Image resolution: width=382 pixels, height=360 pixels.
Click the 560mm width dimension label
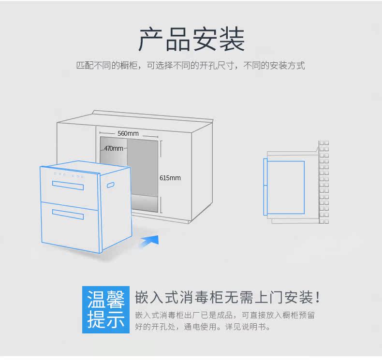(128, 133)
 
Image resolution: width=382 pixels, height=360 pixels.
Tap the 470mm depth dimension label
(114, 148)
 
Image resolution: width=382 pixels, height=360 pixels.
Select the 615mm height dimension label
(170, 178)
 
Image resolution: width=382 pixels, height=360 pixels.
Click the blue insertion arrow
(149, 241)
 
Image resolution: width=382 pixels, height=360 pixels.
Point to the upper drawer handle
(68, 185)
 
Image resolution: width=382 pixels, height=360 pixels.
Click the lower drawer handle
(68, 215)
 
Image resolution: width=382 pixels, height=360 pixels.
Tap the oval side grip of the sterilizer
(111, 185)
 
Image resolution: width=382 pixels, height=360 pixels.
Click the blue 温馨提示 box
(106, 310)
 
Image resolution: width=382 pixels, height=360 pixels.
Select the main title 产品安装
(191, 40)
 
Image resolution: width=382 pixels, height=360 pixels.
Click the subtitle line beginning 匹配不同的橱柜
(191, 66)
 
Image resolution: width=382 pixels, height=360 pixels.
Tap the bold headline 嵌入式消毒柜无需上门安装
(224, 298)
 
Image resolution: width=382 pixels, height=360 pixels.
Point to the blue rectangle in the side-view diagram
(286, 187)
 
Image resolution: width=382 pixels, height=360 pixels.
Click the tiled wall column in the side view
(324, 182)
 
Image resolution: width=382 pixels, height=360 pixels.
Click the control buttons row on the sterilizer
(69, 175)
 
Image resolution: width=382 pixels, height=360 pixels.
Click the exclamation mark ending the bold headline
(317, 298)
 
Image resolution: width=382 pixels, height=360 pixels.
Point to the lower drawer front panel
(70, 227)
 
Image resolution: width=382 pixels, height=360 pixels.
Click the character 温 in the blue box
(96, 300)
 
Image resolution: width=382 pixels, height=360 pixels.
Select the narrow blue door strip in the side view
(265, 187)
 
